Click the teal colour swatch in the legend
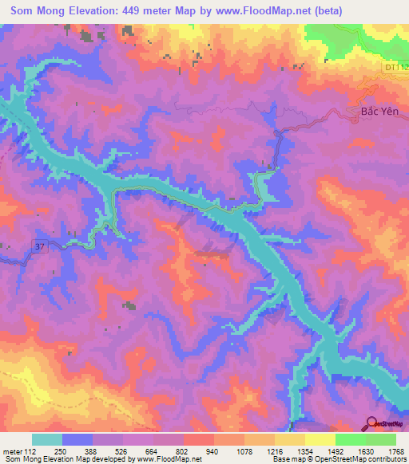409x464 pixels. (x=46, y=439)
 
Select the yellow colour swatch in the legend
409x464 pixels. (x=320, y=439)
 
